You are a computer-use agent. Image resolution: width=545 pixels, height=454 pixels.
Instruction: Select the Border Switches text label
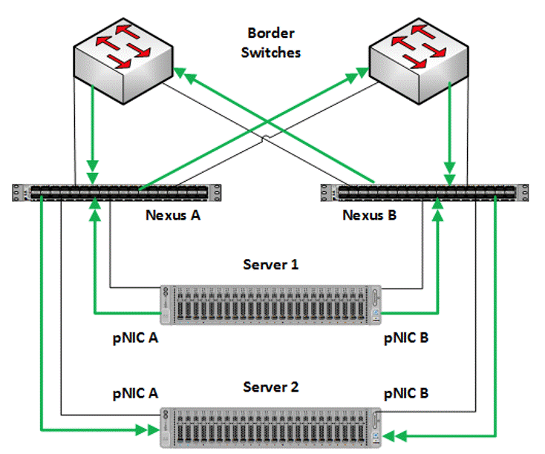(x=272, y=43)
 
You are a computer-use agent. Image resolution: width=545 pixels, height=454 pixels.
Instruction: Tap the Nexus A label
(x=172, y=216)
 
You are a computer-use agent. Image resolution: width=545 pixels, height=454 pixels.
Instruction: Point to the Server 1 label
(x=271, y=265)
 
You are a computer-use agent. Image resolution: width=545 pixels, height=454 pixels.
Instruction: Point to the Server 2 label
(x=271, y=387)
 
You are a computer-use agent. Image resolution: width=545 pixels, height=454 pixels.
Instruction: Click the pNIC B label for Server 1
(x=405, y=338)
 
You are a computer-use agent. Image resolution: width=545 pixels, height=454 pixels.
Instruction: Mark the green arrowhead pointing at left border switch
(x=182, y=73)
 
